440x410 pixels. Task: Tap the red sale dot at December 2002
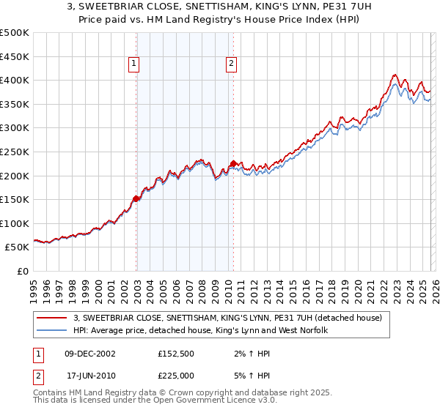[x=136, y=198]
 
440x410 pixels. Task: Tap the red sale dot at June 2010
[x=233, y=163]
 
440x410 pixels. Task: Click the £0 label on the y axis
[x=22, y=271]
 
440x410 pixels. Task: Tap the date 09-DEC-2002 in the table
[x=90, y=353]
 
